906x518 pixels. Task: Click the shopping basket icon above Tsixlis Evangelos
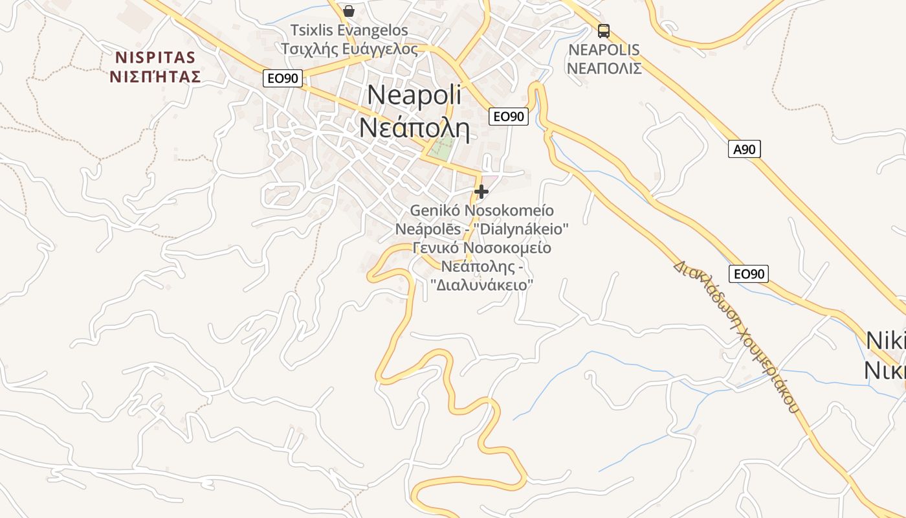click(349, 11)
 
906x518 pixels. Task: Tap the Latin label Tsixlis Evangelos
click(349, 30)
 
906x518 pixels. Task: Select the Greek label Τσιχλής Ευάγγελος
click(349, 49)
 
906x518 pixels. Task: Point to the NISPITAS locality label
click(155, 58)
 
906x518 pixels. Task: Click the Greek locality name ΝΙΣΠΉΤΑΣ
click(155, 77)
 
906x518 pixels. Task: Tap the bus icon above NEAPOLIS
click(604, 30)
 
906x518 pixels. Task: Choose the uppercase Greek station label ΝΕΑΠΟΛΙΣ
click(604, 68)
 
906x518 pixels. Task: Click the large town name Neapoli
click(414, 95)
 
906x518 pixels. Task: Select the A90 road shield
click(744, 150)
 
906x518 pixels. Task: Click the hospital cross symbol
click(481, 191)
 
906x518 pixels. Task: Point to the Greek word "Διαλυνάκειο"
click(481, 284)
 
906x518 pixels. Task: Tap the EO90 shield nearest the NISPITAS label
click(283, 79)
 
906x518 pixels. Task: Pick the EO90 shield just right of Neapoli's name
click(509, 117)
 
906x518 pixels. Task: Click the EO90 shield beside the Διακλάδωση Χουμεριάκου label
click(749, 274)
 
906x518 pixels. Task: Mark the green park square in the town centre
click(441, 151)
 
